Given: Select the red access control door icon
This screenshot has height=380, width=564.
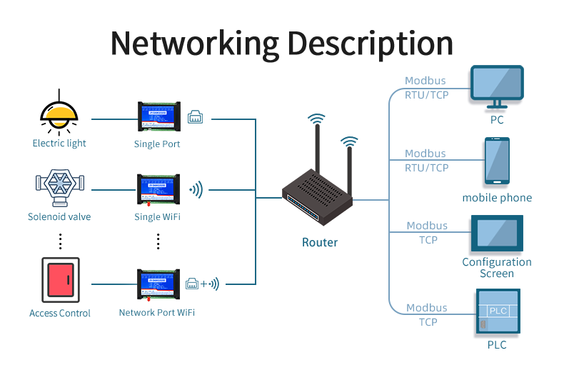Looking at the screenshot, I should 60,279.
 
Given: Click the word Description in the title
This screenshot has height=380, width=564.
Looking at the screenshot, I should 370,44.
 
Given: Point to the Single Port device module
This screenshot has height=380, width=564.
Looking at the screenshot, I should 158,117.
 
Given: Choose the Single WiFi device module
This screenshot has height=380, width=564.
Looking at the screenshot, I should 158,191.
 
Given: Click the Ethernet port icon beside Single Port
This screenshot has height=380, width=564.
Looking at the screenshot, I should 195,117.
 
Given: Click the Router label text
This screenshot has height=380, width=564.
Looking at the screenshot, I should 320,242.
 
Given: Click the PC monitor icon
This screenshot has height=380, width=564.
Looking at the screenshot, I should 497,86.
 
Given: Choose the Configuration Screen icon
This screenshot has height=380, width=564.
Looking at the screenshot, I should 497,234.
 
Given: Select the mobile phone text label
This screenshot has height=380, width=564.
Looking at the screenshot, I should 497,198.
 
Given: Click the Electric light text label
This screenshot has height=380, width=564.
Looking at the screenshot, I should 59,144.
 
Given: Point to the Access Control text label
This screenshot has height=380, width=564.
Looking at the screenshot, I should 60,313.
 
